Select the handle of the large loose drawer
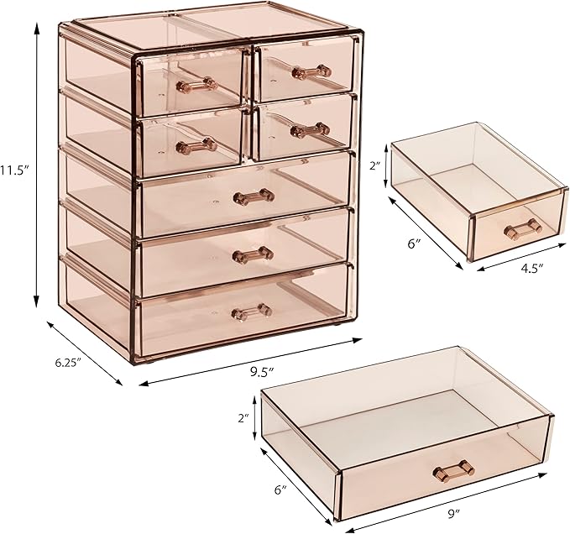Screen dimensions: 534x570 coord(454,470)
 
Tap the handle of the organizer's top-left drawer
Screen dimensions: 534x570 coord(196,83)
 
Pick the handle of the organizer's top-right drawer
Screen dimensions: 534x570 coord(311,71)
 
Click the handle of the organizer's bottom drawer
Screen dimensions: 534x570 coord(252,311)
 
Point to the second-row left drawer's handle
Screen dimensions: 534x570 coord(196,145)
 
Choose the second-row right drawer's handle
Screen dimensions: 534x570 coord(309,129)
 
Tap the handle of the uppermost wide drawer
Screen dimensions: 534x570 coord(254,196)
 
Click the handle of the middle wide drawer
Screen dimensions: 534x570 coord(253,254)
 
